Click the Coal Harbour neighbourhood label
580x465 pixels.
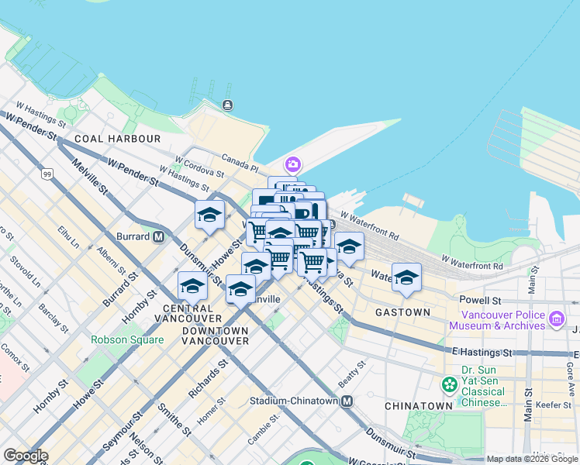tap(118, 139)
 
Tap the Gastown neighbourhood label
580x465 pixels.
tap(402, 312)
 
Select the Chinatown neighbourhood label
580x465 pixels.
tap(418, 405)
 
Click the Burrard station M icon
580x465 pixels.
tap(159, 236)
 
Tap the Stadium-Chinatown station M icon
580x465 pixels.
tap(347, 401)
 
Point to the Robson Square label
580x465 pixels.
tap(126, 339)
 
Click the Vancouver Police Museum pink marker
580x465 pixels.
tap(556, 319)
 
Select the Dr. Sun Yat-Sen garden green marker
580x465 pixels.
tap(448, 384)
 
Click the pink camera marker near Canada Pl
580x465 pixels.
tap(292, 164)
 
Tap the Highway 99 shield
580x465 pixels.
tap(48, 174)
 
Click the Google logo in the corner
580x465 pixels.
tap(26, 456)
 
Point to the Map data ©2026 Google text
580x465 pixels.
tap(533, 459)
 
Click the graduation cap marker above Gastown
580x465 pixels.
tap(406, 277)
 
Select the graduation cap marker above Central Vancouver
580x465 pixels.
tap(192, 286)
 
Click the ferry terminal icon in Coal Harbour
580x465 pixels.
tap(227, 105)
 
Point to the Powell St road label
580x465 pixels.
tap(480, 300)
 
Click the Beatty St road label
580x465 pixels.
tap(351, 374)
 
